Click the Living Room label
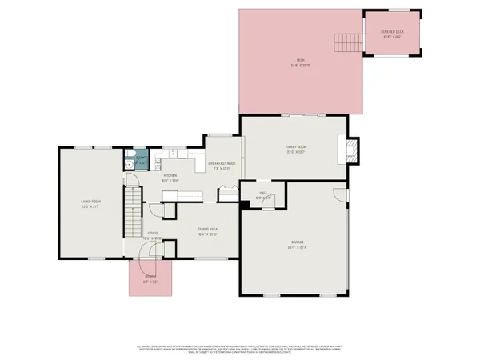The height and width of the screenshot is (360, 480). coord(89,202)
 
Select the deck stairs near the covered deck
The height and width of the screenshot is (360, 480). coord(345,41)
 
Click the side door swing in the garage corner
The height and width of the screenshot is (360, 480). coord(340,194)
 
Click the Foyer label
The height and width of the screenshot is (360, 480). coord(152,234)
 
